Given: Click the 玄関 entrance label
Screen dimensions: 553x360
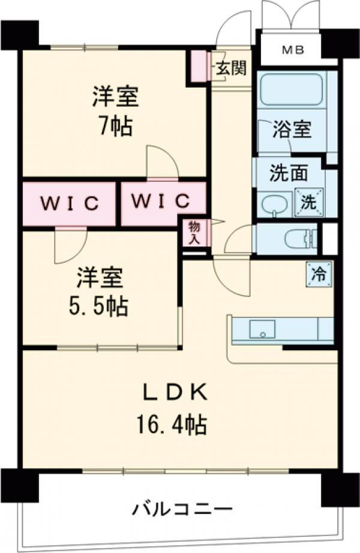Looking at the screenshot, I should coord(230,68).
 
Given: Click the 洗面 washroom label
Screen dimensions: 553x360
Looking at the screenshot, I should coord(288,173).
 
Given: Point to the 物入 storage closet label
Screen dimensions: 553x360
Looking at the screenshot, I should coord(194,232).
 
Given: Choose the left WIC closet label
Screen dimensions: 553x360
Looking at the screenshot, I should coord(69,203).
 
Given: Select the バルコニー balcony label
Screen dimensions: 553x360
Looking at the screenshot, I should coord(182,510).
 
